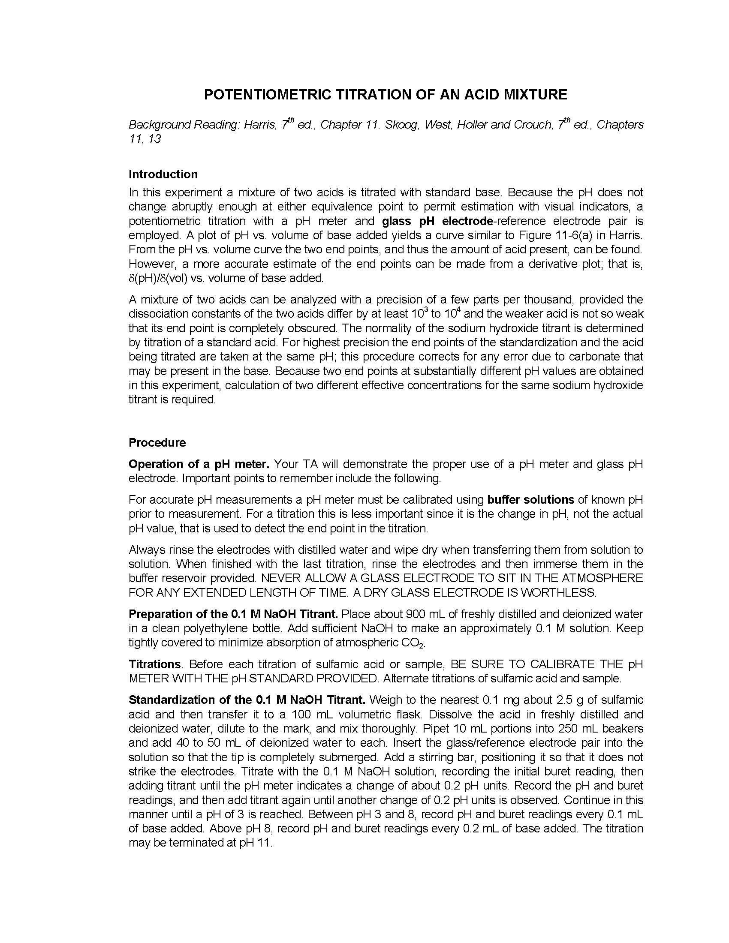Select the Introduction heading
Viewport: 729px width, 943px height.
pos(163,174)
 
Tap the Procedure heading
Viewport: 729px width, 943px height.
pos(157,443)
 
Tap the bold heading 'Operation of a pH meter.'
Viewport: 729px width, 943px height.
pos(199,464)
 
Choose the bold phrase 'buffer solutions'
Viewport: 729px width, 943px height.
pos(530,500)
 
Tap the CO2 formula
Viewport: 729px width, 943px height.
pos(414,643)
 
